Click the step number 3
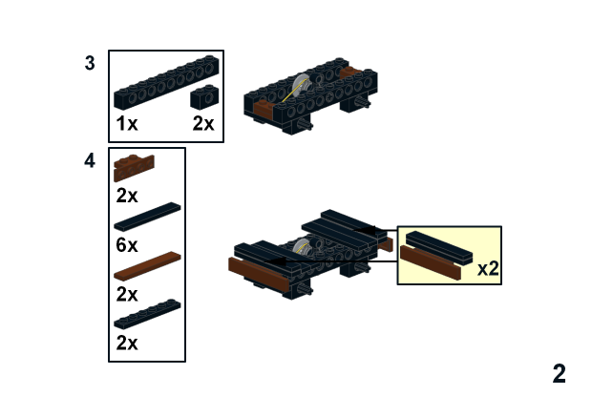click(90, 64)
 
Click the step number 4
click(90, 161)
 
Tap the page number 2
click(559, 374)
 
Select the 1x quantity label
click(127, 124)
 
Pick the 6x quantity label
click(127, 244)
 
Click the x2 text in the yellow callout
click(488, 269)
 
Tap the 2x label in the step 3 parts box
click(203, 124)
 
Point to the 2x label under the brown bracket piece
click(127, 196)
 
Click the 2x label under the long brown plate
click(127, 294)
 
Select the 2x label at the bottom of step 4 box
click(127, 343)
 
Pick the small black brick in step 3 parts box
click(204, 96)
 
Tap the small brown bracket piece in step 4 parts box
click(133, 167)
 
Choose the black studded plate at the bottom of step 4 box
click(148, 315)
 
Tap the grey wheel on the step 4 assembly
click(304, 247)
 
